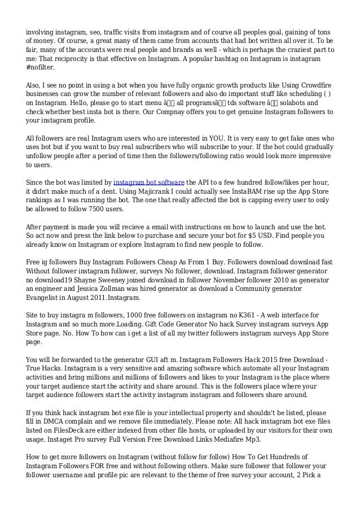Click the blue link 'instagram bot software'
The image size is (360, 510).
[149, 182]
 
